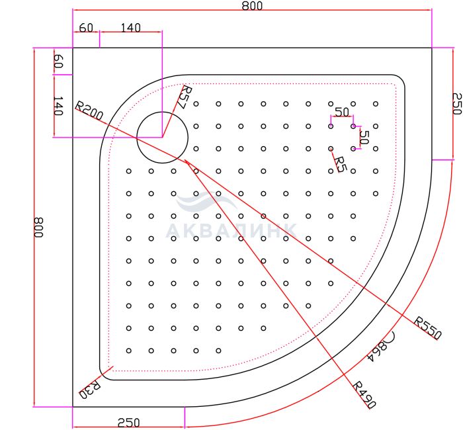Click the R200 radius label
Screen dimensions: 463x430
[x=89, y=110]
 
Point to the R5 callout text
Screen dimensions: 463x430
[x=340, y=165]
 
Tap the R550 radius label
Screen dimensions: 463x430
[x=427, y=328]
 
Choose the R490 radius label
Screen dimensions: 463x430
[x=364, y=394]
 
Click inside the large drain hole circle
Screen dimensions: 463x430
[x=162, y=138]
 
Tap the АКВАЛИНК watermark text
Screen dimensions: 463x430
[x=232, y=231]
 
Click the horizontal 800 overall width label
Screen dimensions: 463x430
[x=252, y=5]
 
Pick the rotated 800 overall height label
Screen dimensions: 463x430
[x=38, y=228]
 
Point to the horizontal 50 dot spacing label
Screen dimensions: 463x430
[x=342, y=112]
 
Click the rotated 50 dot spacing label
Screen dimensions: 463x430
[x=364, y=137]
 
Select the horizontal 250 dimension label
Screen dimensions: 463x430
[x=129, y=423]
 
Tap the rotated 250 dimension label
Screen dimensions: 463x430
[x=456, y=103]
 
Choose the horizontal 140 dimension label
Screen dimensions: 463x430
[x=131, y=28]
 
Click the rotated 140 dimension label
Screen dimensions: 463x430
[x=58, y=106]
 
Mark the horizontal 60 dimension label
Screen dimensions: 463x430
[x=86, y=28]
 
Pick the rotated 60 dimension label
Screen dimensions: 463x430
[x=58, y=62]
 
